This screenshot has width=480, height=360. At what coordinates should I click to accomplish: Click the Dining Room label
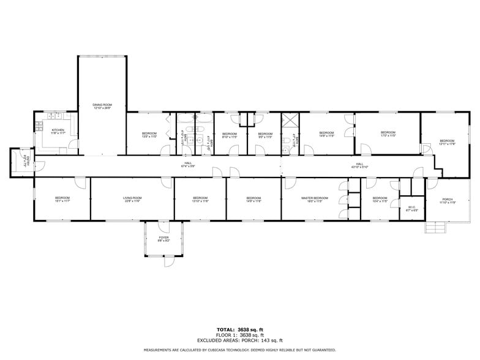[102, 105]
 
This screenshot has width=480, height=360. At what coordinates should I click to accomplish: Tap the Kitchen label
[58, 130]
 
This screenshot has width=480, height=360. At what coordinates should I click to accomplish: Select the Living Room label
[132, 198]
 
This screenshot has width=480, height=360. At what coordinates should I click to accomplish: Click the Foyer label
[163, 237]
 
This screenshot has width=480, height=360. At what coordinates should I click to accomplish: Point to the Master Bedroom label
[312, 198]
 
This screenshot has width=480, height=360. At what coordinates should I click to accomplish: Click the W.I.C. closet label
[411, 207]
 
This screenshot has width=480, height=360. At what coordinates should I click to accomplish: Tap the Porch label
[448, 198]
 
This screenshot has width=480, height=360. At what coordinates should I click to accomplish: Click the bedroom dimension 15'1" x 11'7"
[62, 201]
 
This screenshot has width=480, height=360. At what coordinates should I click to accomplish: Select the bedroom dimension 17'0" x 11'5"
[388, 136]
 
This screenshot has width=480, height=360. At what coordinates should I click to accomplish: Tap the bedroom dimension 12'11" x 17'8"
[447, 144]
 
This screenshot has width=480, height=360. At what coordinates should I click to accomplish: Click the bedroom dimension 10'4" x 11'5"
[380, 201]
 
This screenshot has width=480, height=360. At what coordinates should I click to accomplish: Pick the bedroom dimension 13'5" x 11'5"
[149, 137]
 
